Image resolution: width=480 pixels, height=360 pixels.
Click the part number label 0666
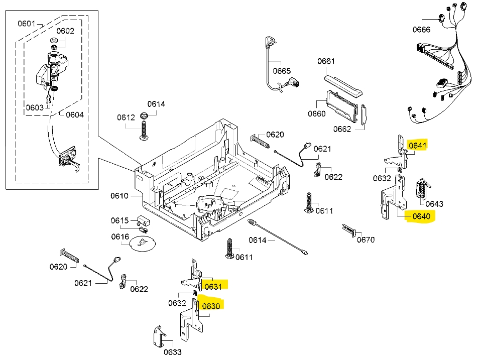click(x=422, y=30)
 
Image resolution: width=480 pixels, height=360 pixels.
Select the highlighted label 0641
click(x=417, y=146)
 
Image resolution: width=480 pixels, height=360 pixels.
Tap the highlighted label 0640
click(x=421, y=216)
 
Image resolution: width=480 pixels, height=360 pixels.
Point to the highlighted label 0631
click(x=213, y=286)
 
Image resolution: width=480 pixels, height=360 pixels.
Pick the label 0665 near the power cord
click(x=282, y=71)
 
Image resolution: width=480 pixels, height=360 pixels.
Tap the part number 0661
click(x=325, y=61)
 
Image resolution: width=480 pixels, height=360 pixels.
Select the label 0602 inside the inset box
click(x=65, y=31)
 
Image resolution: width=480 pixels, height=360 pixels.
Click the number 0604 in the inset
click(x=74, y=114)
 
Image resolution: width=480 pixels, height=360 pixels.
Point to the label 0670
click(x=366, y=239)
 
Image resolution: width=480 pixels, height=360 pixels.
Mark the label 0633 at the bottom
click(x=172, y=352)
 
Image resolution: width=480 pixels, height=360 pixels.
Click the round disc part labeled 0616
click(x=142, y=244)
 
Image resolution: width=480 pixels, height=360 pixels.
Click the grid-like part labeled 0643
click(x=422, y=189)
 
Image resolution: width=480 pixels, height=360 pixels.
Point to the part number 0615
click(x=119, y=220)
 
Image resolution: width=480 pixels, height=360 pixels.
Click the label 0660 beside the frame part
click(x=316, y=113)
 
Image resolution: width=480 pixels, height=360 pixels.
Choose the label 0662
click(x=342, y=129)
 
